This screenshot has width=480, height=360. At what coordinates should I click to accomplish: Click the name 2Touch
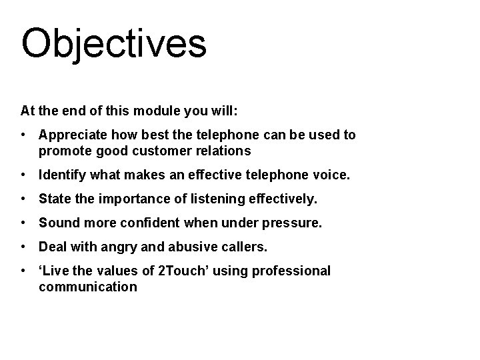187,271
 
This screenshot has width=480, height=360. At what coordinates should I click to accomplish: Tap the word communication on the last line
88,287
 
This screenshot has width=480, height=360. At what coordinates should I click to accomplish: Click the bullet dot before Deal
23,247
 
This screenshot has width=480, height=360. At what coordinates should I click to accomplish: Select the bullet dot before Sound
23,223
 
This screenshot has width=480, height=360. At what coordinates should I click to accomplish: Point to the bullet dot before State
23,200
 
